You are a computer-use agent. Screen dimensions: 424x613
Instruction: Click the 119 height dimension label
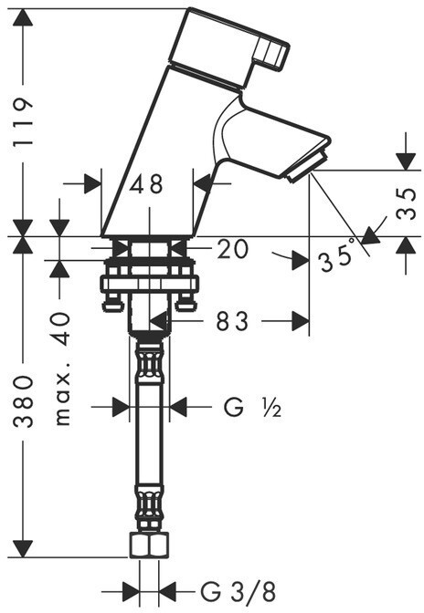23,122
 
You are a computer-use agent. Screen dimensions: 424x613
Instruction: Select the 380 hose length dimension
23,401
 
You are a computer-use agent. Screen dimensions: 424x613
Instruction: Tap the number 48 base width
146,184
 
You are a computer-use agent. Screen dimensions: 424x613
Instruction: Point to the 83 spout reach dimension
232,322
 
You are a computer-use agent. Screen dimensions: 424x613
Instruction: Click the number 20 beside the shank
232,249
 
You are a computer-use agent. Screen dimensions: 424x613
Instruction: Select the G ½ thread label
252,408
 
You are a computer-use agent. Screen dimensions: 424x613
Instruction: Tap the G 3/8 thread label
238,592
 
